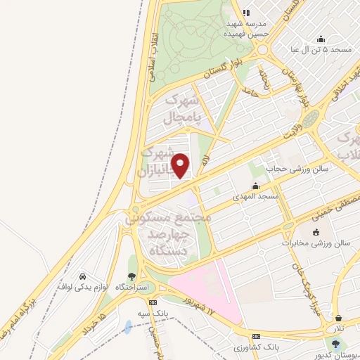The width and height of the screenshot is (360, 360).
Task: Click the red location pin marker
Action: (x=181, y=165)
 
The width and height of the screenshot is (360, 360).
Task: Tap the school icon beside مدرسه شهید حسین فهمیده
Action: (x=246, y=12)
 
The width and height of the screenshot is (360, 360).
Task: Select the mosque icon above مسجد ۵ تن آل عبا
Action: (x=321, y=39)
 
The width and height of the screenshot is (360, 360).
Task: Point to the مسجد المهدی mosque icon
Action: (x=255, y=186)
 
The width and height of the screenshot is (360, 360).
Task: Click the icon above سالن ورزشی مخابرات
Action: (x=316, y=233)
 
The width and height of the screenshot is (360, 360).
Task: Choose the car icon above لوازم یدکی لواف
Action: (x=83, y=276)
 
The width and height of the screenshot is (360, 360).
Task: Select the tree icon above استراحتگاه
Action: (x=131, y=277)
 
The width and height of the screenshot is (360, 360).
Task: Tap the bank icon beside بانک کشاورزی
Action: (x=256, y=337)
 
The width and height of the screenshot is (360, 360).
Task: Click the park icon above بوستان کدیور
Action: (x=335, y=345)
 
